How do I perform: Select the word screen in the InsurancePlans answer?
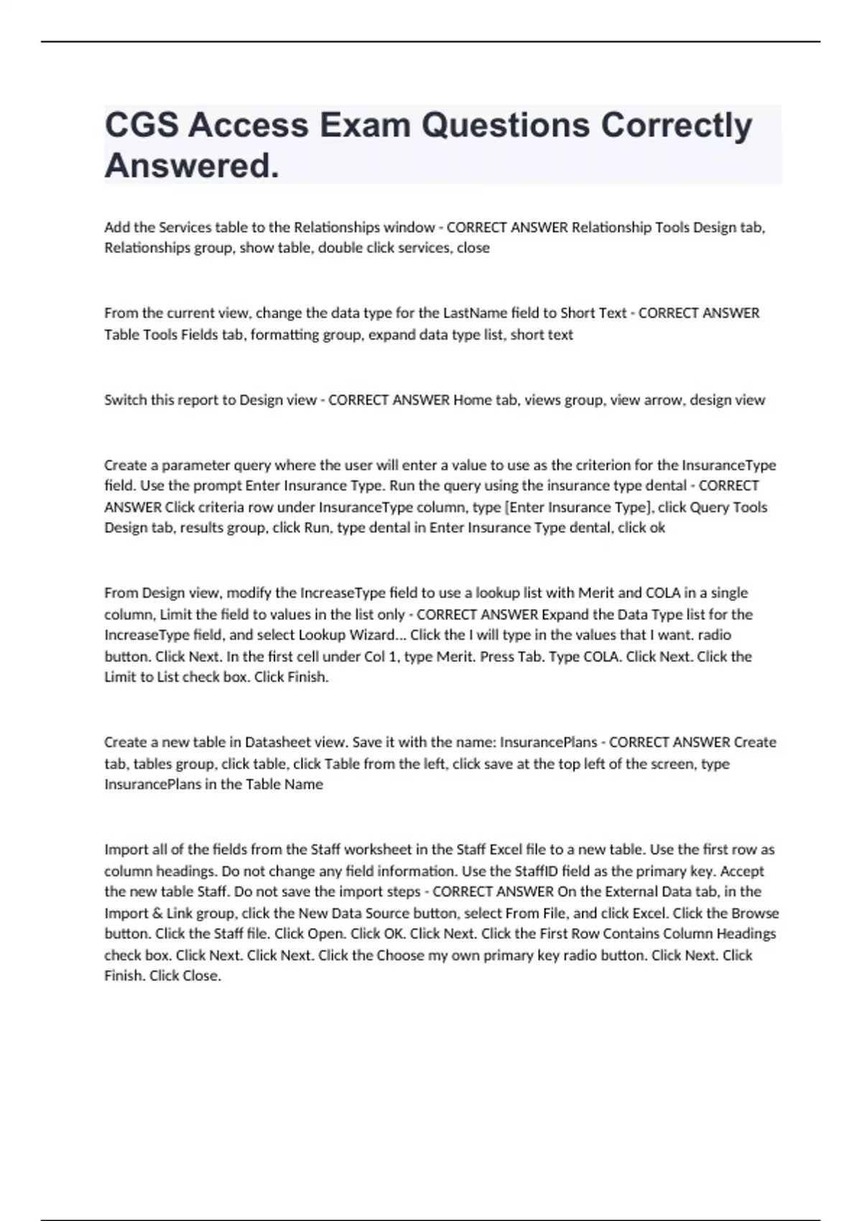click(675, 763)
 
